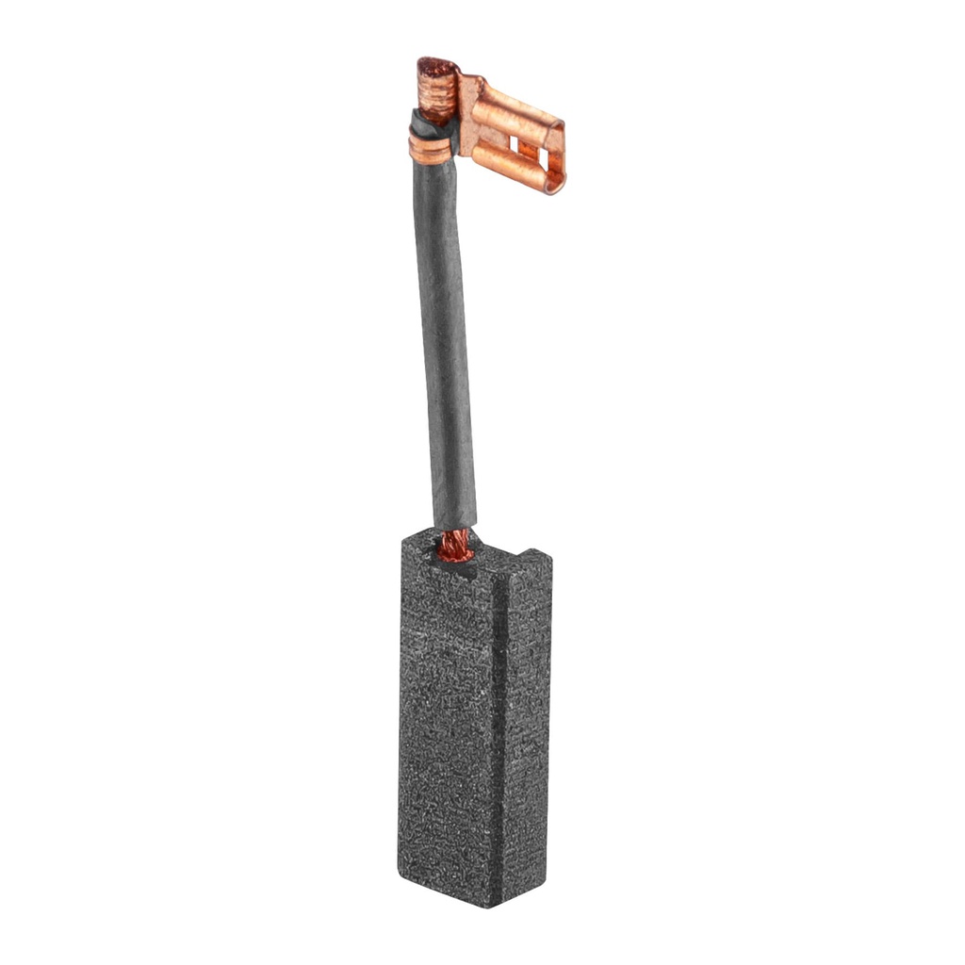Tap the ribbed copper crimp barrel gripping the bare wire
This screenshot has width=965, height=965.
435,98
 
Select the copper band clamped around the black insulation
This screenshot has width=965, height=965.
430,149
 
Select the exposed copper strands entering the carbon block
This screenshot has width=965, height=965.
456,545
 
